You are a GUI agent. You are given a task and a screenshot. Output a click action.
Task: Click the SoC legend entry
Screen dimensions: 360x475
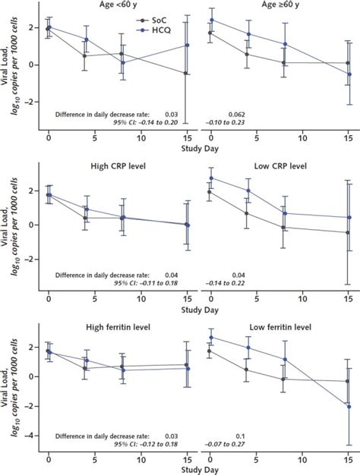tap(151, 20)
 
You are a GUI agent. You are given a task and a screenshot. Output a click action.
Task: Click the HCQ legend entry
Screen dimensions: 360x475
tap(153, 30)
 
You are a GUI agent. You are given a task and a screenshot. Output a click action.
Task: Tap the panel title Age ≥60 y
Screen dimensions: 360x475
tap(280, 5)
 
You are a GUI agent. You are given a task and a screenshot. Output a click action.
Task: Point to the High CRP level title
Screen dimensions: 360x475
tap(118, 166)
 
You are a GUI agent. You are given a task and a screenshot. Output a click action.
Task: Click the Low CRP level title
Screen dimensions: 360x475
tap(280, 166)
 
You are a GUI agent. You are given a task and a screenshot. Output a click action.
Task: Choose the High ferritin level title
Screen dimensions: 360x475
tap(118, 327)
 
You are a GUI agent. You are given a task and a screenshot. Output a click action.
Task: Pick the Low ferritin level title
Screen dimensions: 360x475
tap(280, 327)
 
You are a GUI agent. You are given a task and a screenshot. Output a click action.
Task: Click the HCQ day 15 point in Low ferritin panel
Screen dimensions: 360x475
tap(349, 407)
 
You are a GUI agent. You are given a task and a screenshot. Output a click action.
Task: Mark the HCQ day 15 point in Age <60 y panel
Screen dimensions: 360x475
tap(187, 45)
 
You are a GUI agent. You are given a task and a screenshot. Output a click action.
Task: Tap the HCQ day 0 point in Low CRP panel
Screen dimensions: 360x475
tap(211, 178)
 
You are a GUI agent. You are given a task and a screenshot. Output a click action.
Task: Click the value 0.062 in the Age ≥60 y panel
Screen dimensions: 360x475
tap(236, 115)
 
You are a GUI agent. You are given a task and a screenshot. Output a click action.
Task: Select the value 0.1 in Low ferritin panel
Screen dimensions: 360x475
tap(240, 436)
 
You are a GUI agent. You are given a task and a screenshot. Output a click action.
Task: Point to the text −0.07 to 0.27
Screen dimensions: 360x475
tap(225, 444)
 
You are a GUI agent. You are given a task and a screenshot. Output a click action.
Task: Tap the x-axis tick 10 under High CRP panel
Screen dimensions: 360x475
tap(141, 299)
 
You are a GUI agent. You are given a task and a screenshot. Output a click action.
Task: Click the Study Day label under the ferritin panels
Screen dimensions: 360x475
tap(200, 470)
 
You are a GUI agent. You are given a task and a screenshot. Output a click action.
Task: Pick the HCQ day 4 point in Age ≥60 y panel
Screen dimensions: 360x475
tap(248, 34)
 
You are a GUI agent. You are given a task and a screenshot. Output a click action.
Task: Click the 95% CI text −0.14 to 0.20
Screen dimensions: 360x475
tap(146, 122)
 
